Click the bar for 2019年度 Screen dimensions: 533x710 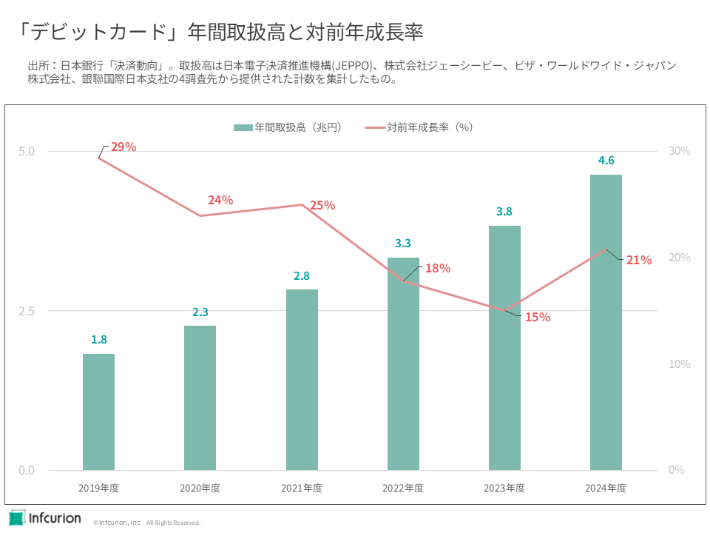click(98, 412)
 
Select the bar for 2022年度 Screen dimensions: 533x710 click(403, 363)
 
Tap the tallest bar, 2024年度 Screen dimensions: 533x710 click(606, 322)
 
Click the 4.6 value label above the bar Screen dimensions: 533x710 click(606, 161)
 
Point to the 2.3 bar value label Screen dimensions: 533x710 click(200, 312)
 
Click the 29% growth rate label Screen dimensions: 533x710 click(124, 147)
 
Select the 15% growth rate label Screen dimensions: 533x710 click(538, 317)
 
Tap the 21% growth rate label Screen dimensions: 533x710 click(639, 260)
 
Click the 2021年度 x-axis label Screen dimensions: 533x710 click(302, 489)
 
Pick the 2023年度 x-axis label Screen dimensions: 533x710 click(504, 489)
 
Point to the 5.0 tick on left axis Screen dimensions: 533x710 click(27, 151)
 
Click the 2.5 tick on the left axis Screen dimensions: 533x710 click(27, 311)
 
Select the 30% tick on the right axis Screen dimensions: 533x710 click(679, 151)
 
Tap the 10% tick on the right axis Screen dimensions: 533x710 click(679, 364)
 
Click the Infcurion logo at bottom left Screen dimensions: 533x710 click(45, 517)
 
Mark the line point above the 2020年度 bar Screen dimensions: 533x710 click(200, 215)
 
